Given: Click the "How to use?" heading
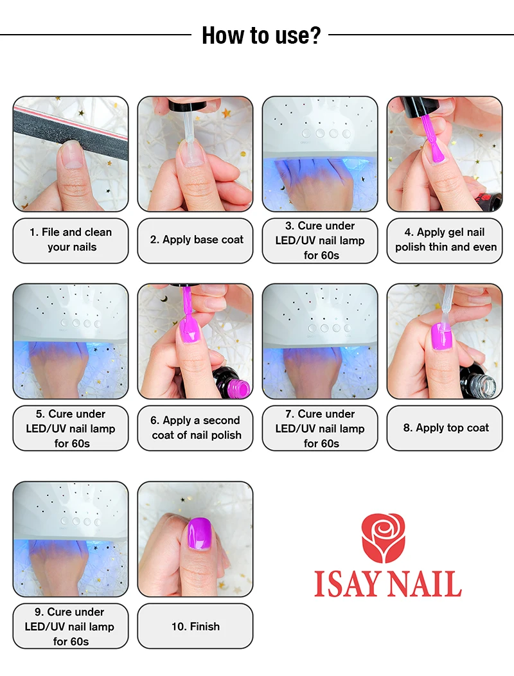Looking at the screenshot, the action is click(x=261, y=35).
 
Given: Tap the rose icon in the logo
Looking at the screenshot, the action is click(x=384, y=538).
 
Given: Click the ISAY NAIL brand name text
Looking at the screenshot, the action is click(x=387, y=583).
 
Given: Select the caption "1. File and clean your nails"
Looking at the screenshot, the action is click(x=71, y=240).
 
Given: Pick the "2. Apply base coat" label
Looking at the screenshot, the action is click(x=197, y=240).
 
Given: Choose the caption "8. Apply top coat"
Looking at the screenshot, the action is click(x=446, y=428).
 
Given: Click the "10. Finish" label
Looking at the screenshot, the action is click(x=195, y=627).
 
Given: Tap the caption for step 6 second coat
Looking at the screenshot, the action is click(x=196, y=428).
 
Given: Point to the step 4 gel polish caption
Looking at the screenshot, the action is click(x=446, y=240).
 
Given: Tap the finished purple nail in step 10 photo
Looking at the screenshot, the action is click(x=199, y=534).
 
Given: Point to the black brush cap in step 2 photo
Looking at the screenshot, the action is click(x=188, y=105).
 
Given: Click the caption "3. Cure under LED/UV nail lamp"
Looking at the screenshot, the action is click(x=320, y=240).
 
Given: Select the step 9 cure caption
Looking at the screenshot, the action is click(x=70, y=627).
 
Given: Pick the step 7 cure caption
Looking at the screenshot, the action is click(x=320, y=429).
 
